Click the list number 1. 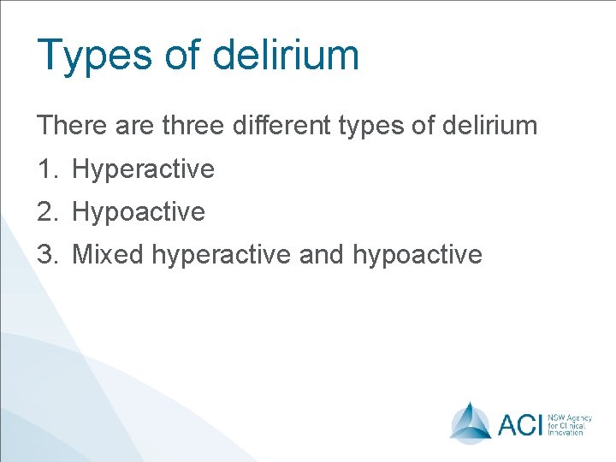click(x=46, y=169)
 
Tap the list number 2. click(x=46, y=211)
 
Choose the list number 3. click(x=46, y=254)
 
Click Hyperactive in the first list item click(x=143, y=169)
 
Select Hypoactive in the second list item click(x=139, y=212)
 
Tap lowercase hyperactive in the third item click(x=222, y=255)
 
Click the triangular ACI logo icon click(x=471, y=422)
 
